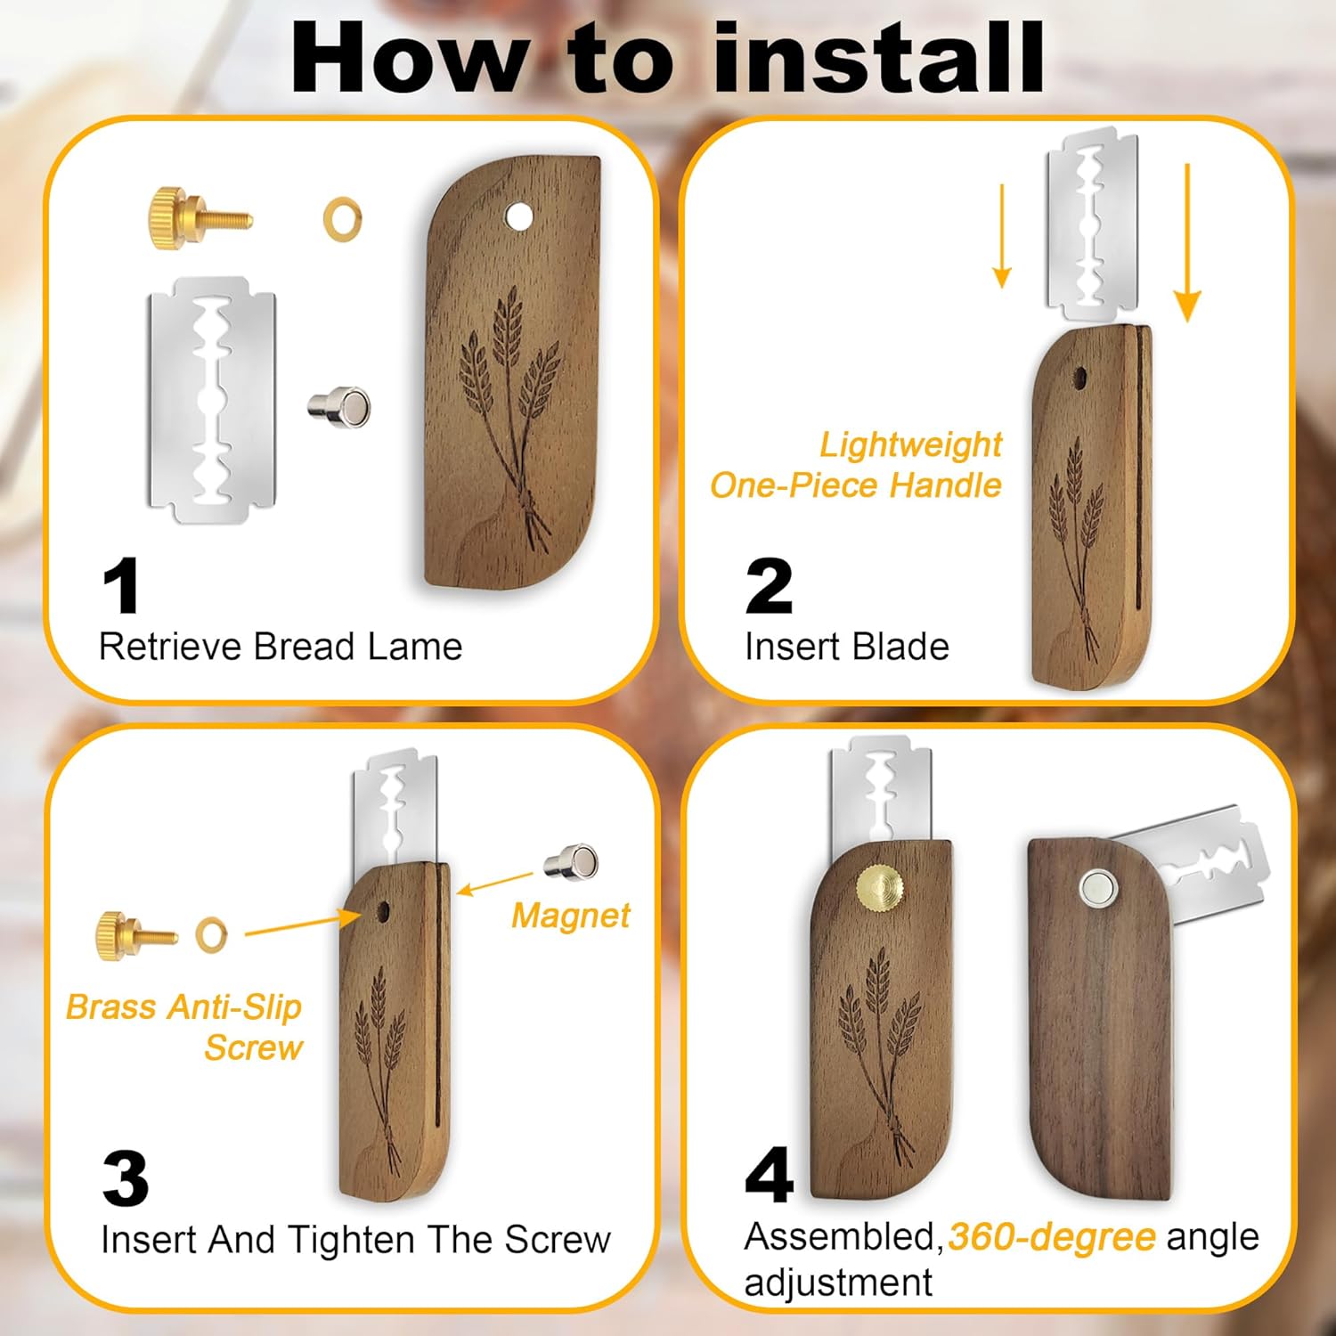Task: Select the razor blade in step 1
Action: click(x=212, y=400)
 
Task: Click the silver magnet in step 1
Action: click(x=338, y=407)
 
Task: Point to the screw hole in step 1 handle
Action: click(x=517, y=215)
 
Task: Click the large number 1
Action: click(x=121, y=585)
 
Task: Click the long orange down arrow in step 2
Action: click(x=1187, y=242)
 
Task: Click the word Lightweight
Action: click(x=910, y=444)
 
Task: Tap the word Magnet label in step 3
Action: click(x=571, y=916)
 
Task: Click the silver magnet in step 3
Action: click(x=571, y=861)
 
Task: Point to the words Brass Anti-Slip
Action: click(x=183, y=1007)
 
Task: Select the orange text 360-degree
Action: click(x=1052, y=1237)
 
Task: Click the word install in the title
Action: click(x=879, y=58)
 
